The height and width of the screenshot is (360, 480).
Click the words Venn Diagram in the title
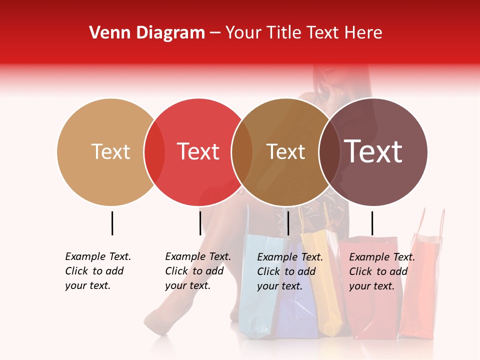click(x=147, y=33)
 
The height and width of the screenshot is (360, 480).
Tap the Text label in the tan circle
click(x=110, y=151)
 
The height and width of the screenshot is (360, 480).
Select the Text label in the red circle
click(x=198, y=151)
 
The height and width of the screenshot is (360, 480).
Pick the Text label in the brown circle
click(x=285, y=151)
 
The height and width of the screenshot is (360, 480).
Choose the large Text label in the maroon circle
click(x=373, y=151)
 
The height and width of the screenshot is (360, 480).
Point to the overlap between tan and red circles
click(x=154, y=152)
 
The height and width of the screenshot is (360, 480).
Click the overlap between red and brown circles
click(x=242, y=152)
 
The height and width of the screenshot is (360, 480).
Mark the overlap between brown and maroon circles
click(x=329, y=152)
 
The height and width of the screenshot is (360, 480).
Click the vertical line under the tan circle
click(x=112, y=223)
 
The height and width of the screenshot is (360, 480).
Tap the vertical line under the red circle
click(x=200, y=223)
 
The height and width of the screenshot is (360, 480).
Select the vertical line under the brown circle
click(x=288, y=223)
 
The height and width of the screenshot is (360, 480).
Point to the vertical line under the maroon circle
click(x=372, y=223)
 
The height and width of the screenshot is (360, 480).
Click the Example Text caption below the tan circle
click(x=98, y=271)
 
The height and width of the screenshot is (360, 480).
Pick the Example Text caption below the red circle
click(x=198, y=271)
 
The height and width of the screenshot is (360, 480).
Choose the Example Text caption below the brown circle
click(x=290, y=271)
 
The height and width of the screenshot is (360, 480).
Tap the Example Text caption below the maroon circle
click(x=382, y=271)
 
